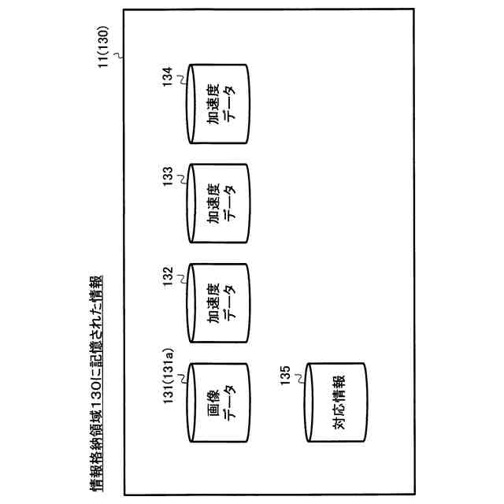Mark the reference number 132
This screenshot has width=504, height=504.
coord(167,280)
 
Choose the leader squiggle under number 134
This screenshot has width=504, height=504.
coord(181,78)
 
